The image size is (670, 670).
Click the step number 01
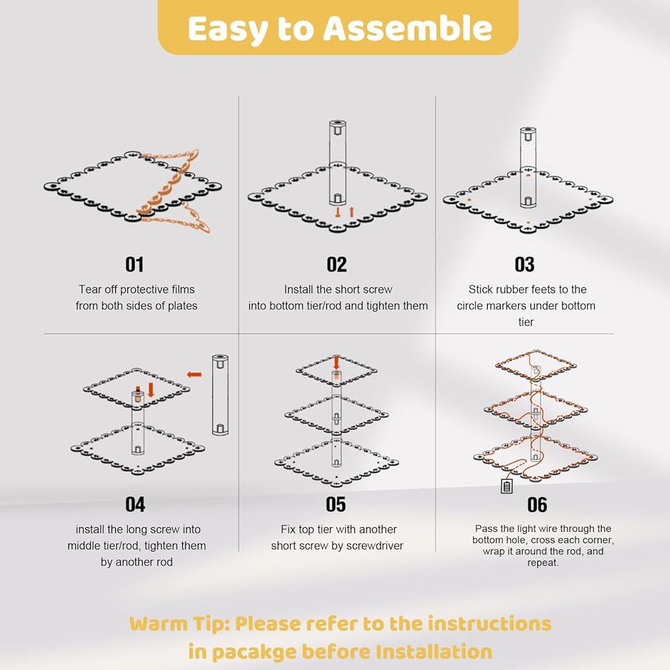click(x=134, y=265)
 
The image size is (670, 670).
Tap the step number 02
click(x=337, y=265)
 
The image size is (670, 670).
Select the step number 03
click(x=525, y=265)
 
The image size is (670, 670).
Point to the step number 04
click(x=135, y=505)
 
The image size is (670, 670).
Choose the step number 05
click(x=336, y=505)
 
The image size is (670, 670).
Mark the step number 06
click(x=537, y=505)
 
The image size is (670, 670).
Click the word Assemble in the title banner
click(x=407, y=28)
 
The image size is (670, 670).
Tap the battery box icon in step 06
click(x=507, y=486)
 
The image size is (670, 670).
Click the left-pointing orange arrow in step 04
click(x=194, y=375)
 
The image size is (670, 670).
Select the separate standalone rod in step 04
click(x=220, y=395)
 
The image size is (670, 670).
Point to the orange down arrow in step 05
click(x=336, y=362)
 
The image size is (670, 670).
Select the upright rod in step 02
click(x=337, y=163)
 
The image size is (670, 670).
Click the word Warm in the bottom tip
click(x=159, y=624)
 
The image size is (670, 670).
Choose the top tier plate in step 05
click(x=336, y=370)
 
